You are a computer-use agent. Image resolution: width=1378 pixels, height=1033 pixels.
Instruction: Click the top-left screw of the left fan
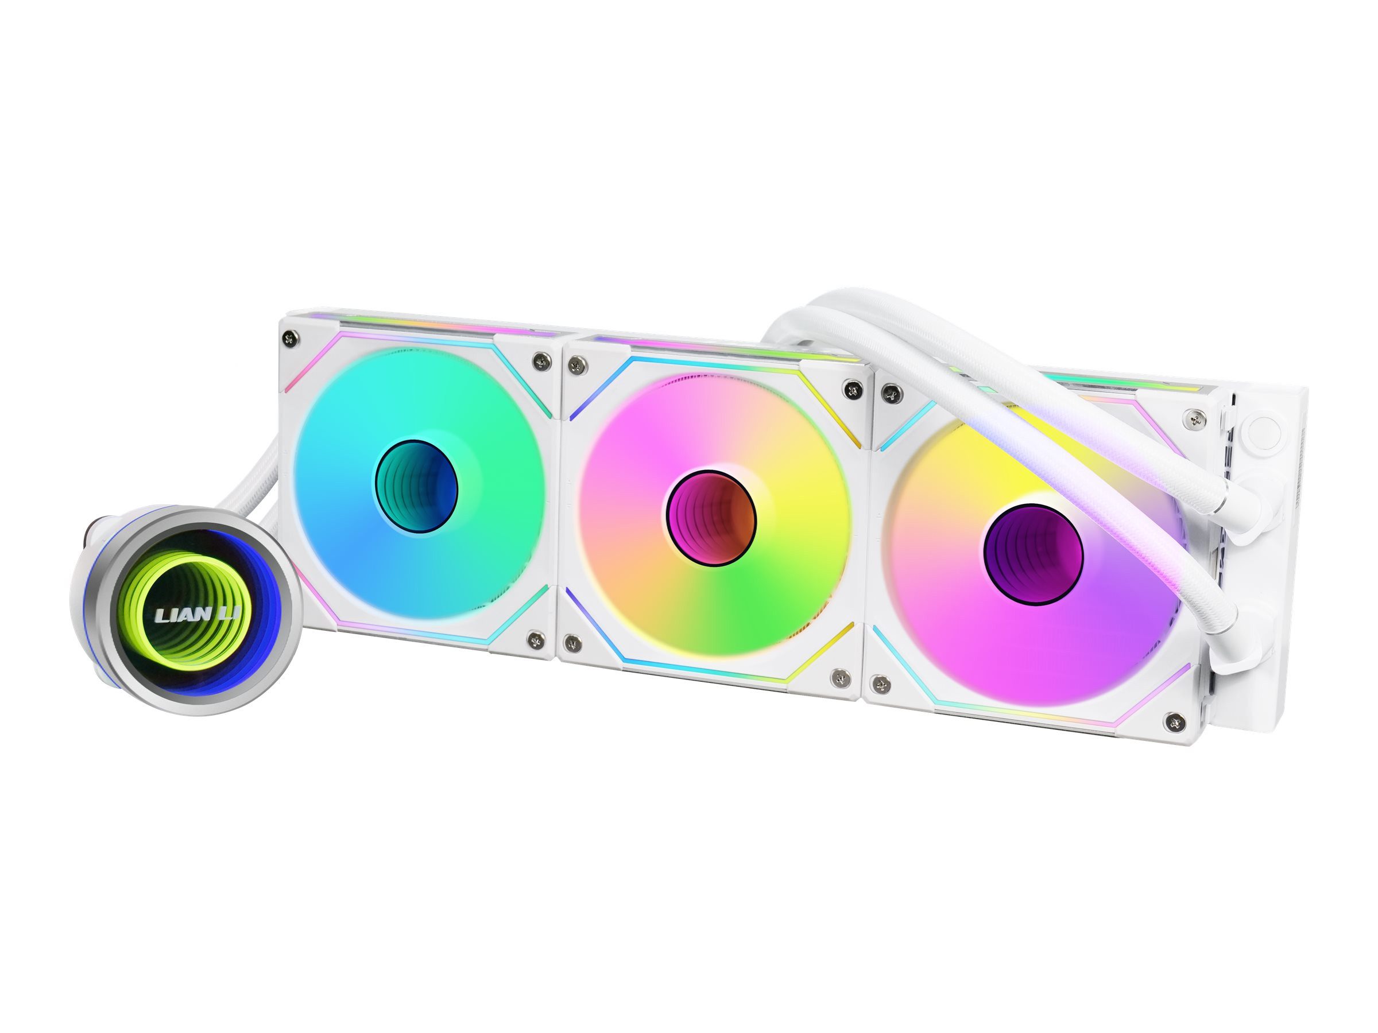tap(291, 339)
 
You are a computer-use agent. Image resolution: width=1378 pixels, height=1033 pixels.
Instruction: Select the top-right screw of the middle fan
tap(851, 389)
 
